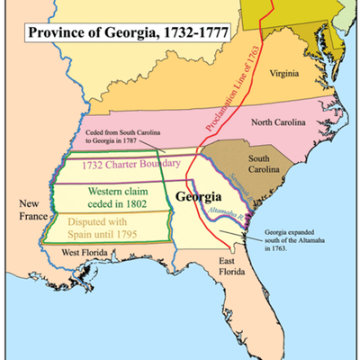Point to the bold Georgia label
[201, 197]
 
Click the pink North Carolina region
[180, 126]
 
